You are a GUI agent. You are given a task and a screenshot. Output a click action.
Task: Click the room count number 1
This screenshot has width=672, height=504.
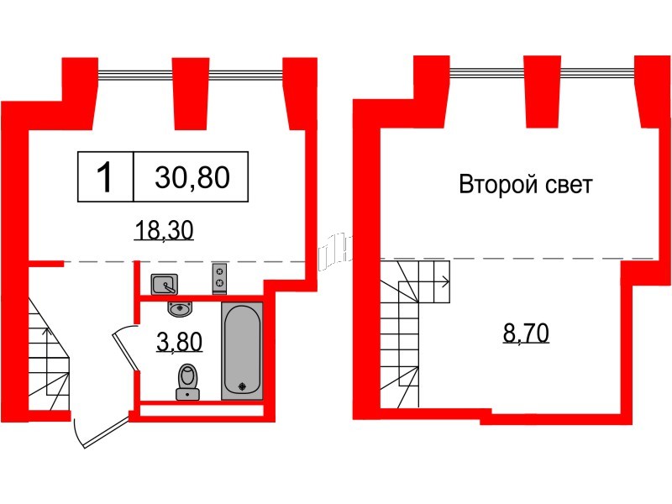pos(106,178)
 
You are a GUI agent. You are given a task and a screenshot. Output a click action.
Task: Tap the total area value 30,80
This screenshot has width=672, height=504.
pos(192,178)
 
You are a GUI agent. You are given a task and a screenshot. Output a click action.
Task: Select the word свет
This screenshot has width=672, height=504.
pos(566,186)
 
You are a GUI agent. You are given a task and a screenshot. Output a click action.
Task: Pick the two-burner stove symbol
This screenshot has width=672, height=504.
pos(221,277)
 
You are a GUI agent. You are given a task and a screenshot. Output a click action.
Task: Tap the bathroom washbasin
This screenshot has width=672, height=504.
pos(178,310)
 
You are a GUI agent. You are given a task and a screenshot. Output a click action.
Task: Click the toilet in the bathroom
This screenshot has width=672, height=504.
pos(187,380)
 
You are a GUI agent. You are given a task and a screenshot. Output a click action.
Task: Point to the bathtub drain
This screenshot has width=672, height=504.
pos(243,386)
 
